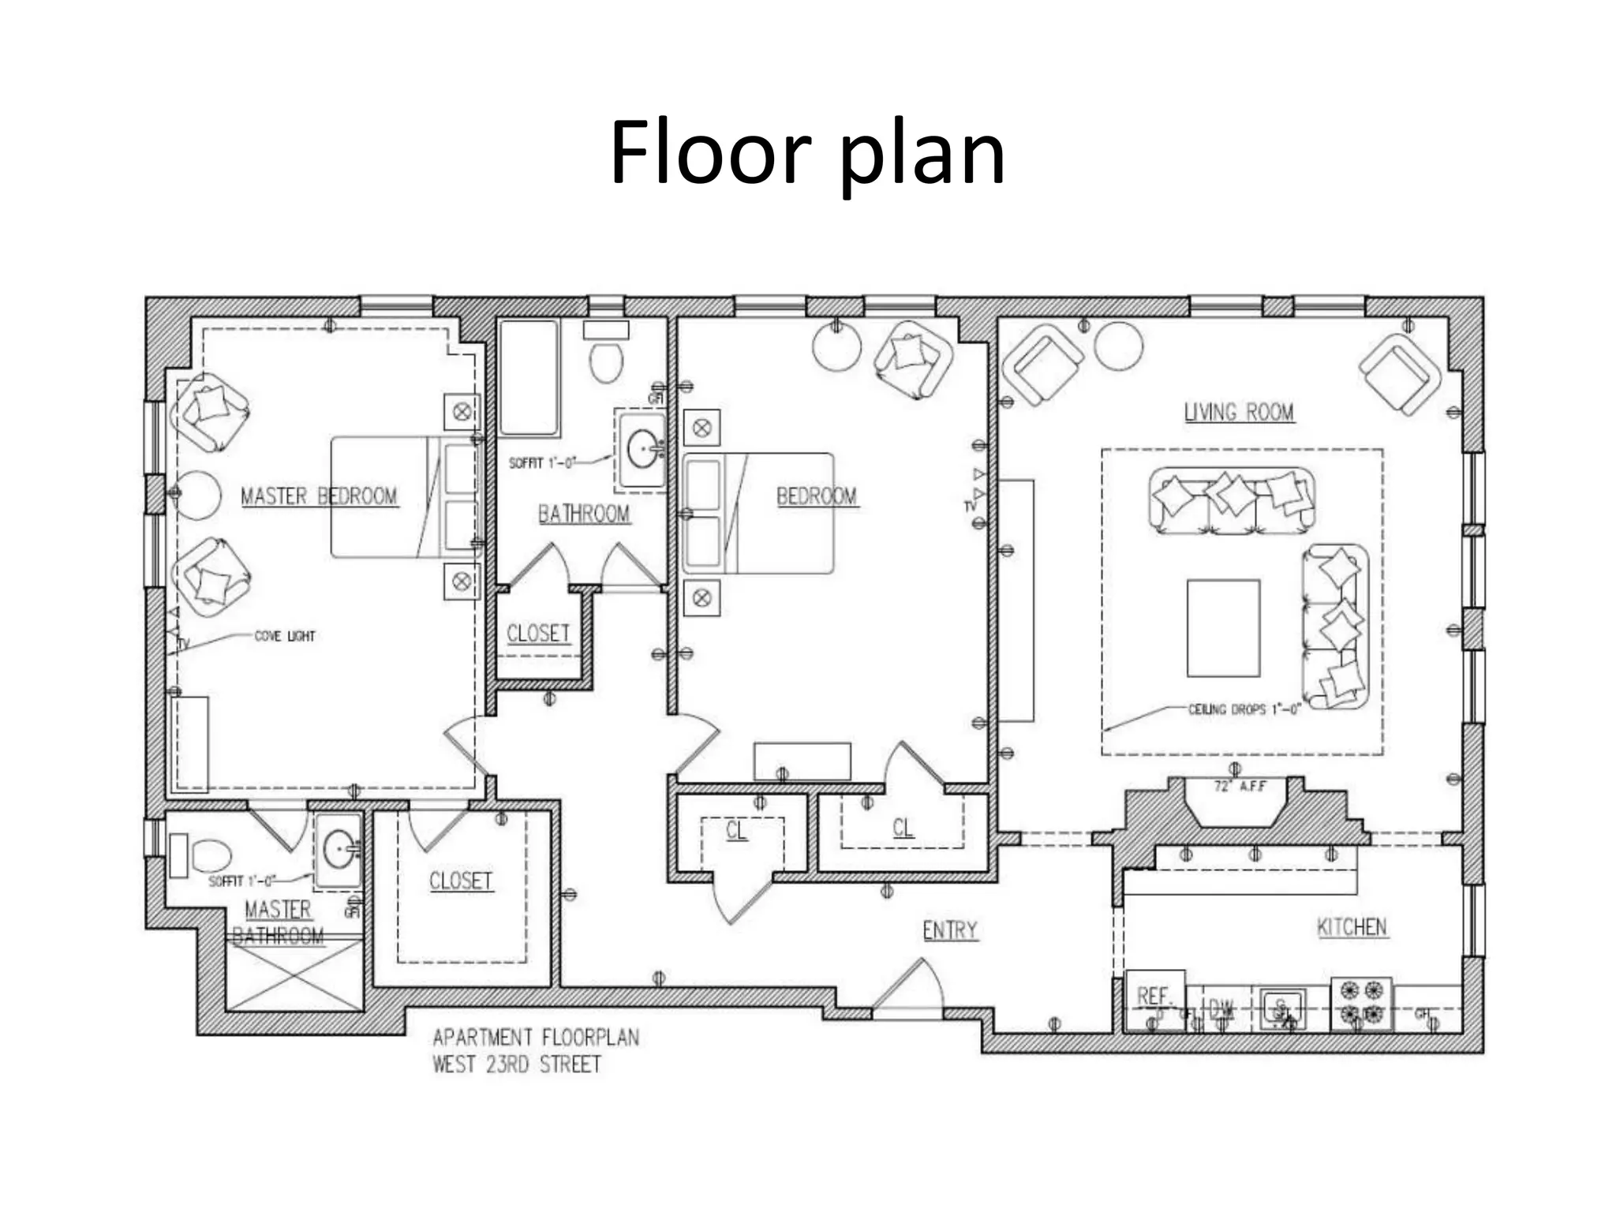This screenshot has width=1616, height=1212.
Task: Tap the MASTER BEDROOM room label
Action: [x=319, y=496]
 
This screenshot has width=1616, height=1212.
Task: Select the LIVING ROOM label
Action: [x=1239, y=412]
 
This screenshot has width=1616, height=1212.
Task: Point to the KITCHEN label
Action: [x=1352, y=926]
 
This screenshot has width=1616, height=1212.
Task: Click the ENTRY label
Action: [x=950, y=930]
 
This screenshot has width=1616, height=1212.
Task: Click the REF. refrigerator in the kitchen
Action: [x=1154, y=999]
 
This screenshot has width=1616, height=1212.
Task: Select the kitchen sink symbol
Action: [x=1281, y=1008]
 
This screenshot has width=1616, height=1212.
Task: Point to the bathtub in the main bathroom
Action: [x=529, y=377]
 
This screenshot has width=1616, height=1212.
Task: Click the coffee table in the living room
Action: [x=1223, y=628]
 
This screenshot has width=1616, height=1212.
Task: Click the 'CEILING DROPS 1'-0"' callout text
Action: [x=1244, y=709]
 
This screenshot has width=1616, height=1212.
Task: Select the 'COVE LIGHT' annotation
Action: [x=285, y=636]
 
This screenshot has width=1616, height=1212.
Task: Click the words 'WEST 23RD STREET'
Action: [x=517, y=1064]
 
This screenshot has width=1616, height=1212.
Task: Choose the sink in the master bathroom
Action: [x=339, y=850]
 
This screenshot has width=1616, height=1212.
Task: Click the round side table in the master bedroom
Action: [x=196, y=495]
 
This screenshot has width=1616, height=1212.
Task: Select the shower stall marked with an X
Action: [x=294, y=975]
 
